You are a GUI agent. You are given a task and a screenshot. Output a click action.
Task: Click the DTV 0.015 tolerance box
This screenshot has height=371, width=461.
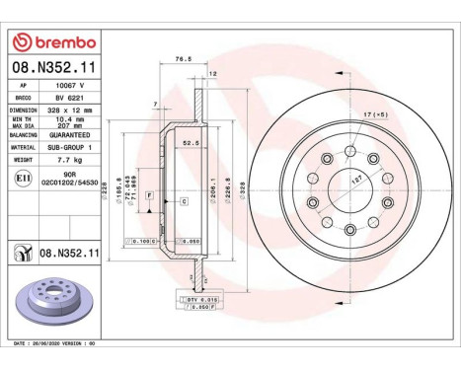click(x=198, y=298)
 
